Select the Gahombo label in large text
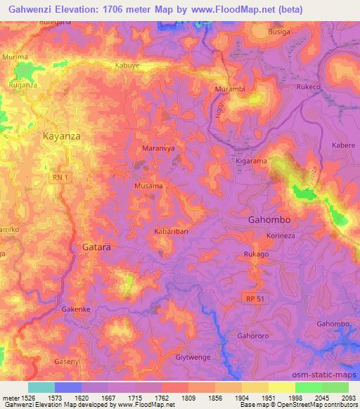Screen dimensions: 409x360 (x=270, y=219)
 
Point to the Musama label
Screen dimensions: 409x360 (x=149, y=186)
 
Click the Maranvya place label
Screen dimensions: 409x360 (x=159, y=149)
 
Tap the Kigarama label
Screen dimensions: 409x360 (x=249, y=162)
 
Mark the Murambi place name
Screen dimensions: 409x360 (x=229, y=90)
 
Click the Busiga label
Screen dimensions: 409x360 (x=281, y=32)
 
